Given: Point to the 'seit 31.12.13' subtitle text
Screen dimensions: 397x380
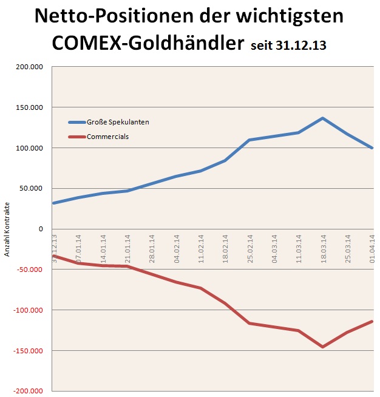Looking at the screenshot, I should (288, 46).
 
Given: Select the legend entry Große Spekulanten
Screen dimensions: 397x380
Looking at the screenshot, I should (118, 122).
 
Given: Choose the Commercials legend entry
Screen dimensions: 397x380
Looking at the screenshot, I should (107, 137).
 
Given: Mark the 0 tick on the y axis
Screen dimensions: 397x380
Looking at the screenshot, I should (40, 229).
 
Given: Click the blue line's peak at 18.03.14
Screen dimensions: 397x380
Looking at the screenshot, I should (323, 118).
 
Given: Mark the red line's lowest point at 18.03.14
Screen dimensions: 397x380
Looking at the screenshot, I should (323, 347).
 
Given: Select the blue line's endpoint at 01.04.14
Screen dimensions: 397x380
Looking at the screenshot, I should (372, 148).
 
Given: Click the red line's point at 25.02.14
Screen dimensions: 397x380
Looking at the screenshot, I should (249, 323).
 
